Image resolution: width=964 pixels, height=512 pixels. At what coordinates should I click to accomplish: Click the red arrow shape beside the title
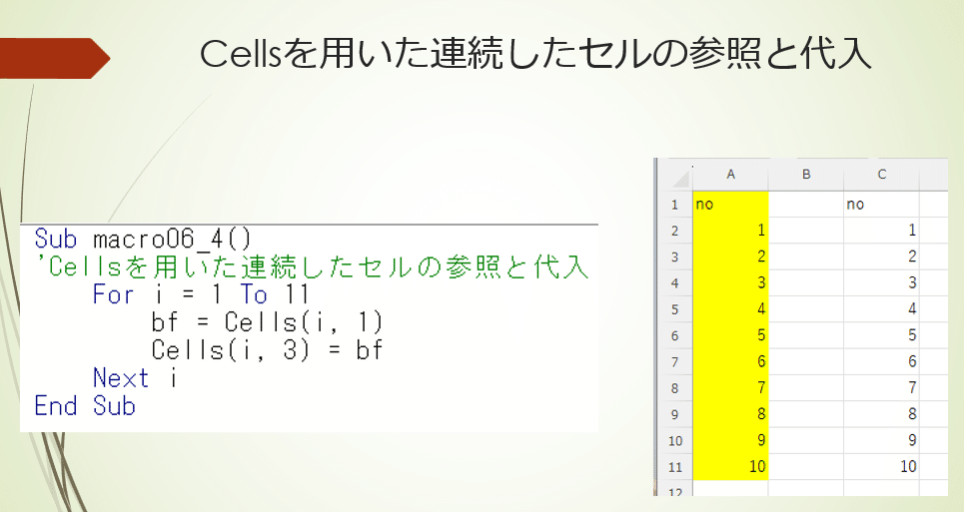tap(54, 58)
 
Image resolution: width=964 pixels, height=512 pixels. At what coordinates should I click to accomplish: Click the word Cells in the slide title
tap(241, 54)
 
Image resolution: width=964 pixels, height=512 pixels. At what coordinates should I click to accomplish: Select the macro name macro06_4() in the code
tap(172, 239)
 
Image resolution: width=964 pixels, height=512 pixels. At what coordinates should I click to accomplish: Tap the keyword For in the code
tap(113, 294)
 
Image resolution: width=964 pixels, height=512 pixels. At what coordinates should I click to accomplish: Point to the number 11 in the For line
tap(297, 294)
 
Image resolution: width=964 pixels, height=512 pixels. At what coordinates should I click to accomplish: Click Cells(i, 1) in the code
tap(304, 322)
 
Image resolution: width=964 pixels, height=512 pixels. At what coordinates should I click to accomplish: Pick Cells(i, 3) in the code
tap(231, 350)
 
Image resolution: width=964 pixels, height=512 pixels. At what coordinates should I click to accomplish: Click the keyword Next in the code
tap(121, 377)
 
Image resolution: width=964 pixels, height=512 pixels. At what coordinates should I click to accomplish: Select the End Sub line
tap(85, 406)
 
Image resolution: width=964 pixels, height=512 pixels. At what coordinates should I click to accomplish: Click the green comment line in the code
tap(312, 267)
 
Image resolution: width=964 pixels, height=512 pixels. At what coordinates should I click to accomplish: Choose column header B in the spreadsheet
tap(806, 175)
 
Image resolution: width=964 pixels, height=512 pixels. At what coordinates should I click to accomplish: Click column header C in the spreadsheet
tap(882, 175)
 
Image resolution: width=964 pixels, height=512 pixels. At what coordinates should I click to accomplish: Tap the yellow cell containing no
tap(730, 204)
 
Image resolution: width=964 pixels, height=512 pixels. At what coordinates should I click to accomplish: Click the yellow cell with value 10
tap(730, 466)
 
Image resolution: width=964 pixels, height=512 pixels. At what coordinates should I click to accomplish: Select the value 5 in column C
tap(912, 335)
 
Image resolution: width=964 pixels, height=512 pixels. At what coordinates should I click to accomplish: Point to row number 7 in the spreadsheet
tap(674, 362)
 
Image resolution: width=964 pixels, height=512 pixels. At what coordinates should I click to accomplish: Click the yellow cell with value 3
tap(730, 282)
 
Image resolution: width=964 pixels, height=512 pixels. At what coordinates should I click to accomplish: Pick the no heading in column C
tap(855, 205)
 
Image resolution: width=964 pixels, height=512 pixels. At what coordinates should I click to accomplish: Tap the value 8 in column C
tap(912, 414)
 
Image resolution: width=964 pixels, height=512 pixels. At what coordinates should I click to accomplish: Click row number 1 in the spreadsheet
tap(674, 205)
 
